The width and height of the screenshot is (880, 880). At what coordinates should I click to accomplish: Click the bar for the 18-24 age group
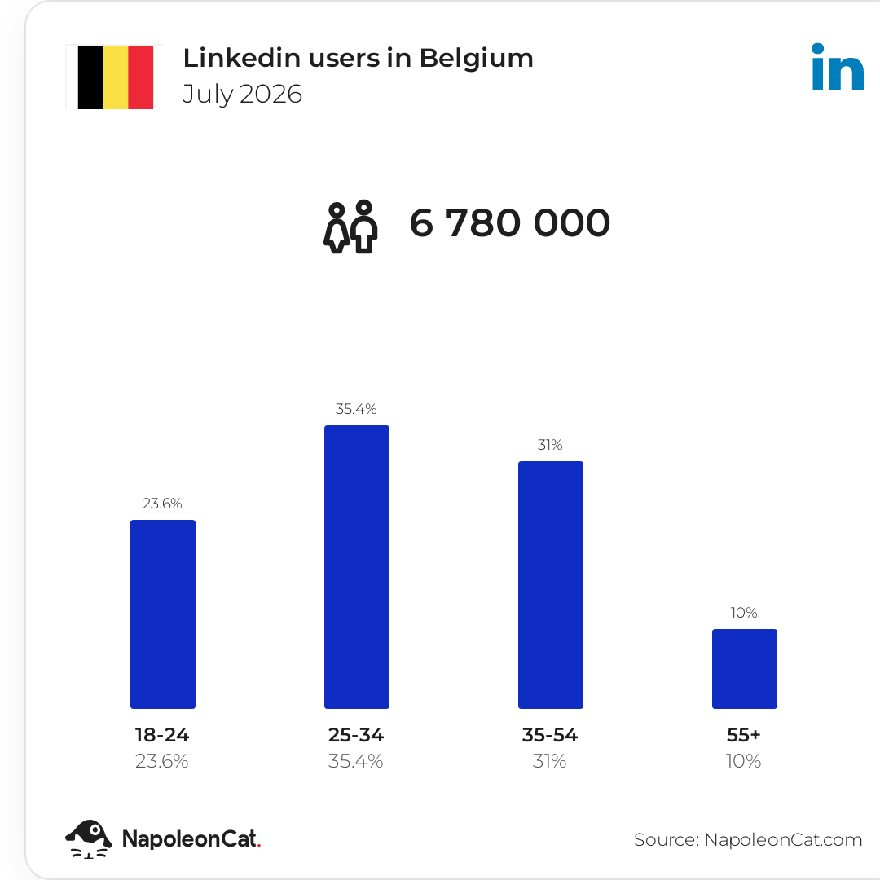pos(163,614)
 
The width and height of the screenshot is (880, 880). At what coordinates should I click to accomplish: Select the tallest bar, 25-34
pos(357,567)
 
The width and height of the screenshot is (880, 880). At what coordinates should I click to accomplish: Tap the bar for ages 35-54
pos(551,585)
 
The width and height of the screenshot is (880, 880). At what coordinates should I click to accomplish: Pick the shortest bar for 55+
pos(745,669)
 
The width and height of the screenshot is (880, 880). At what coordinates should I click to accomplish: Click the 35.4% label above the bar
pos(356,409)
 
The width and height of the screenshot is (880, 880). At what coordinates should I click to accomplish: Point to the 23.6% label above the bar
pos(162,504)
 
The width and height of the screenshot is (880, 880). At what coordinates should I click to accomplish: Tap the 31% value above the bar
pos(550,445)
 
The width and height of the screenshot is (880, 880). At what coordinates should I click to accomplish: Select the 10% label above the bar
pos(744,613)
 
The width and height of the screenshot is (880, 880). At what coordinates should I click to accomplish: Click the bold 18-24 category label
pos(162,735)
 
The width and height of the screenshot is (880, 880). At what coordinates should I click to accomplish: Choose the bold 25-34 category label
pos(356,735)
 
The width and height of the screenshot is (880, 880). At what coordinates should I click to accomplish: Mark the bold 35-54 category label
pos(550,735)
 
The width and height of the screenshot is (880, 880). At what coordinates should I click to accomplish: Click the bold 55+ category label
pos(744,735)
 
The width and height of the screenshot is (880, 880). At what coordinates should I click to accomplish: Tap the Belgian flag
pos(116,77)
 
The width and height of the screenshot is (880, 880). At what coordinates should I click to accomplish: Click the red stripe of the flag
pos(141,77)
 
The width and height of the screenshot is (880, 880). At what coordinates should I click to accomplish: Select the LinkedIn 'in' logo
pos(838,67)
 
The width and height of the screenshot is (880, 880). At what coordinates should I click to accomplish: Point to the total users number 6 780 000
pos(509,222)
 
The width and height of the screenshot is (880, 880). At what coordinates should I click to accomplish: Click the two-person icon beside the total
pos(350,227)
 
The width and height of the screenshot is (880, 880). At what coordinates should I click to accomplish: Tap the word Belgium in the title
pos(476,59)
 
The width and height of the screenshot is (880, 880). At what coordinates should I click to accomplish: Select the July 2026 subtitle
pos(243,95)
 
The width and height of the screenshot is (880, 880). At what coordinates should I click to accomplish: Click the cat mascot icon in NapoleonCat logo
pos(89,839)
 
